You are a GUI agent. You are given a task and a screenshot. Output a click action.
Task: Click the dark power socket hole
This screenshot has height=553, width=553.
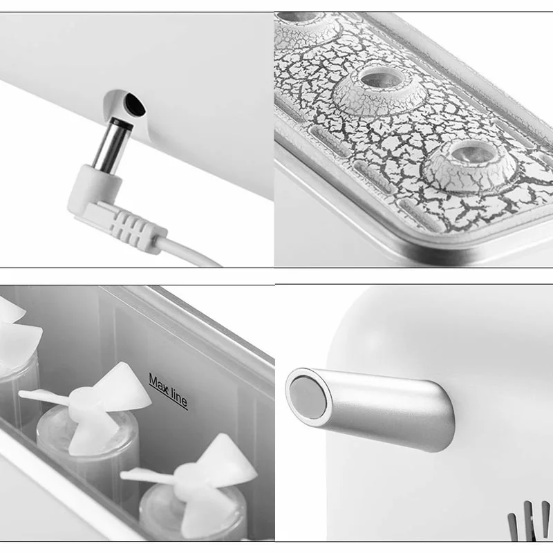pos(135,104)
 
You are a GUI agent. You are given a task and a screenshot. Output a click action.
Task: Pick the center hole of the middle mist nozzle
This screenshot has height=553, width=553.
pos(382,78)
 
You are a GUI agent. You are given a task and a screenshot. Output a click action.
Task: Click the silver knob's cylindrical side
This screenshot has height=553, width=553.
pos(388,409)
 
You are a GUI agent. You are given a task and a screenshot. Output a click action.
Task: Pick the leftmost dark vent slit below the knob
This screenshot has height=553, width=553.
pos(512,527)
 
